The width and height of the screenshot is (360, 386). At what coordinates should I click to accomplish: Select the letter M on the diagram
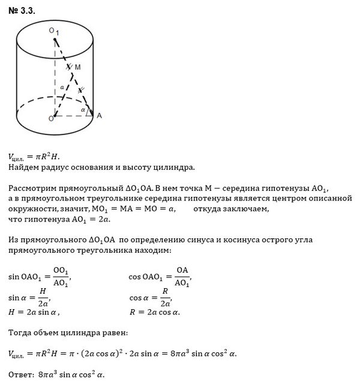click(x=78, y=68)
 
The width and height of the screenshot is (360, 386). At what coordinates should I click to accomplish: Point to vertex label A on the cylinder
click(x=99, y=116)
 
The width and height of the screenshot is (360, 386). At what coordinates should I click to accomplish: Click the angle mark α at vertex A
click(x=83, y=110)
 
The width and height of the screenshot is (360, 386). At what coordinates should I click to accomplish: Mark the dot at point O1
click(x=55, y=41)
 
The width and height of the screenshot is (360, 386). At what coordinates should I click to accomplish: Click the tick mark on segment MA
click(x=82, y=89)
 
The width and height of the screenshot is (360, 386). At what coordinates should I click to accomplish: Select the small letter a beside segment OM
click(x=62, y=87)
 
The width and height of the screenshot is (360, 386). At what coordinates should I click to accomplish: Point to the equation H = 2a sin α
click(x=34, y=312)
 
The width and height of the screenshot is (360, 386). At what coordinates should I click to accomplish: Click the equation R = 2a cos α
click(x=155, y=312)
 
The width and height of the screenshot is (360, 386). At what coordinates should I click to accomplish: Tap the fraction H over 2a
click(x=42, y=297)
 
